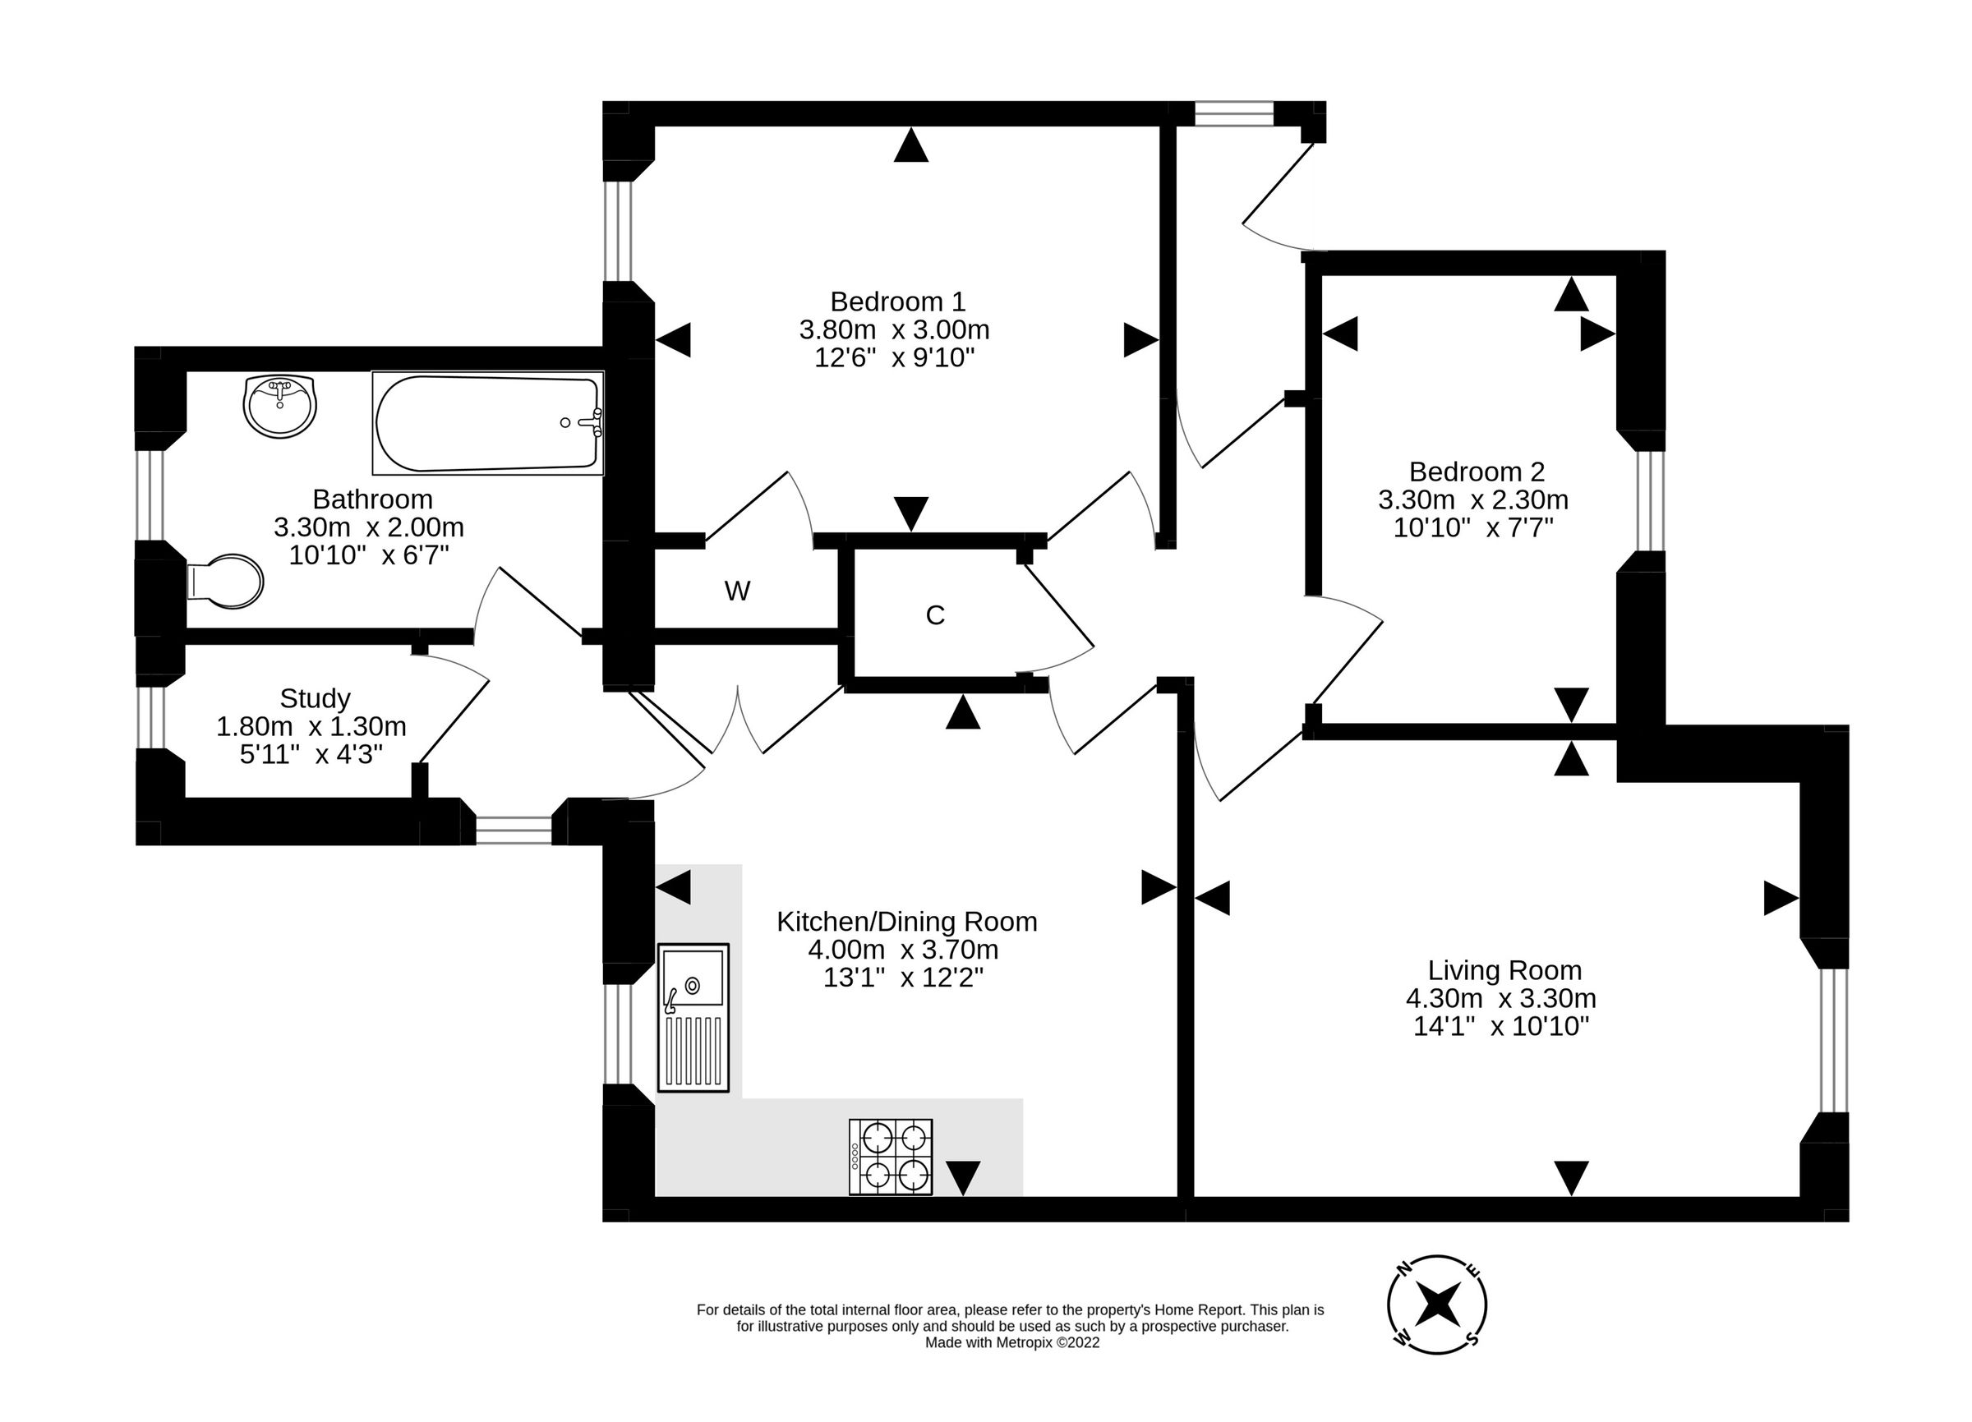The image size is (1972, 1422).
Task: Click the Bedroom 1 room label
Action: click(x=897, y=301)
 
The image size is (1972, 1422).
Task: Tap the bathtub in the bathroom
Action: click(x=488, y=423)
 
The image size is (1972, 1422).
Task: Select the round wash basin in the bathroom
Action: click(x=279, y=406)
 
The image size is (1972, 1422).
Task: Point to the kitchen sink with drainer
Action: click(x=693, y=1017)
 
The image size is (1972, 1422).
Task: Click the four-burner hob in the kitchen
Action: click(x=891, y=1157)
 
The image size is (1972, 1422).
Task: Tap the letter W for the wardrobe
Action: click(x=736, y=591)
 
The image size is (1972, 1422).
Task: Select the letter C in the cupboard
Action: click(x=935, y=615)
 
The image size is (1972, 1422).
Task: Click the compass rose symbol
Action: click(x=1436, y=1305)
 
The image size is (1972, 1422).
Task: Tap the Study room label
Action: click(x=315, y=698)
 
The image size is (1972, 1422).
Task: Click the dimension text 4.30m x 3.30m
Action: click(x=1500, y=998)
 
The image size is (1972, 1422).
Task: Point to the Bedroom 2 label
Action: click(x=1477, y=472)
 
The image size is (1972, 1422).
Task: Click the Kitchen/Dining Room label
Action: click(x=906, y=922)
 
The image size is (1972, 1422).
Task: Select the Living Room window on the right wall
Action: click(x=1833, y=1041)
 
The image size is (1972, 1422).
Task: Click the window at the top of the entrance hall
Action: click(x=1234, y=114)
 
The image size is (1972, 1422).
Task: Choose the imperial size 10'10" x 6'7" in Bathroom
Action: click(x=369, y=555)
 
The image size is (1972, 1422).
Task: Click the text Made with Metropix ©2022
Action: click(x=1012, y=1343)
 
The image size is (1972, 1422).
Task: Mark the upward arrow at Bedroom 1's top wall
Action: click(x=910, y=145)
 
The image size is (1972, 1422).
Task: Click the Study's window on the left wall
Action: click(x=151, y=717)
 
